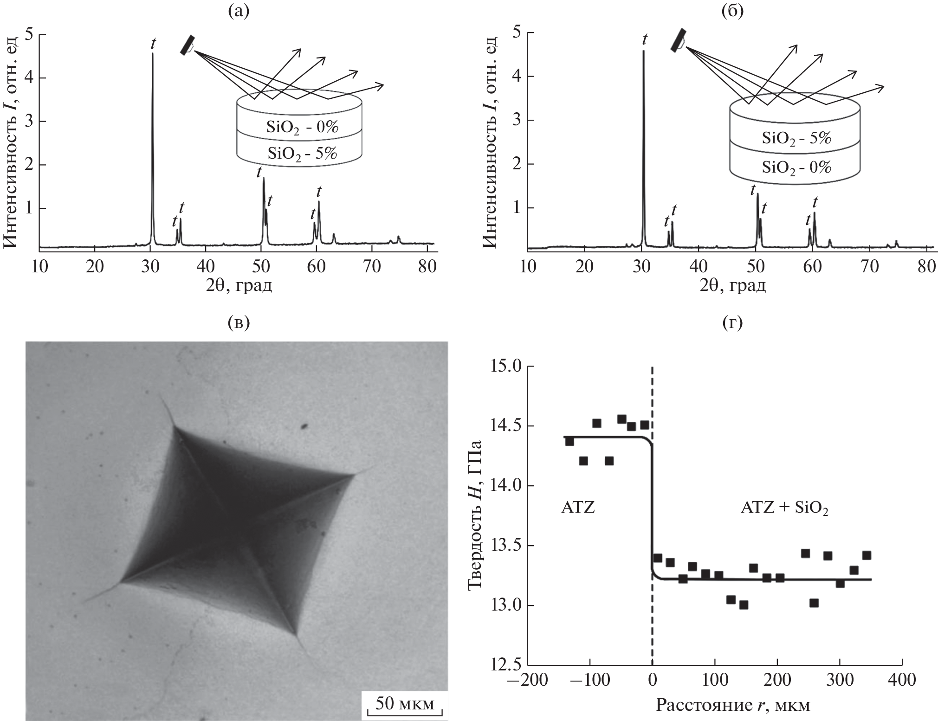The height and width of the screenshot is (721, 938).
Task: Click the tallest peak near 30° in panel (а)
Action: (x=153, y=55)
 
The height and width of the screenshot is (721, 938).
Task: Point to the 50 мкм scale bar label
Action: (x=405, y=704)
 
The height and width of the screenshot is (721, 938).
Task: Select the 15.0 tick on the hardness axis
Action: (x=508, y=367)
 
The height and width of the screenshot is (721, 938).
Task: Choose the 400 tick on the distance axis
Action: (x=901, y=681)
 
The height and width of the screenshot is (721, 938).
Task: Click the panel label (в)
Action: (x=239, y=322)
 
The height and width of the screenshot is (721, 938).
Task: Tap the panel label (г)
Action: (x=733, y=322)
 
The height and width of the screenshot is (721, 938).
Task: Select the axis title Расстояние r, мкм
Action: (x=733, y=706)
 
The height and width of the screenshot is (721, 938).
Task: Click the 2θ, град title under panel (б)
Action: (x=733, y=285)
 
